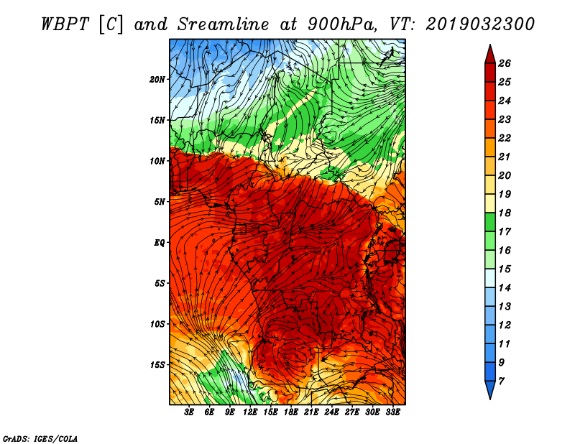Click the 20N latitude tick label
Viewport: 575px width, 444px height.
click(157, 80)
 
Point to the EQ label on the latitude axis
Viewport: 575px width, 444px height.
click(159, 243)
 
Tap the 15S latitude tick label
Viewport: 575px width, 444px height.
click(157, 365)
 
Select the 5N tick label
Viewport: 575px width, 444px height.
click(160, 202)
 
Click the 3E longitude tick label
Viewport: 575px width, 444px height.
click(189, 412)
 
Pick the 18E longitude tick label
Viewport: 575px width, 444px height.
click(290, 412)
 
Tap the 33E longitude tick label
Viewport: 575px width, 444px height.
click(392, 412)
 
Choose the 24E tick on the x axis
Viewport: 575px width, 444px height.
click(331, 412)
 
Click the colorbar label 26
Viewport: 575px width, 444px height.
click(505, 63)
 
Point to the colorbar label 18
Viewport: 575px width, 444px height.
click(505, 213)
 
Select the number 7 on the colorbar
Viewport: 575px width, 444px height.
click(501, 381)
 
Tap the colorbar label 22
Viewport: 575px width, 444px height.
click(505, 138)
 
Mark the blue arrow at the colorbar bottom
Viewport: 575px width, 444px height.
click(490, 389)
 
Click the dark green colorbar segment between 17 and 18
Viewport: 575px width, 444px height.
click(490, 222)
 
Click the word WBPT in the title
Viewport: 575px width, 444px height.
click(65, 24)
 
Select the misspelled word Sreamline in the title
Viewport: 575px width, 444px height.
click(224, 24)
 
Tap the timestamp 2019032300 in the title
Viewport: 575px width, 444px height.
click(480, 24)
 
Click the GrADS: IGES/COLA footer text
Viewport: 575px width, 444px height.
click(40, 439)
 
